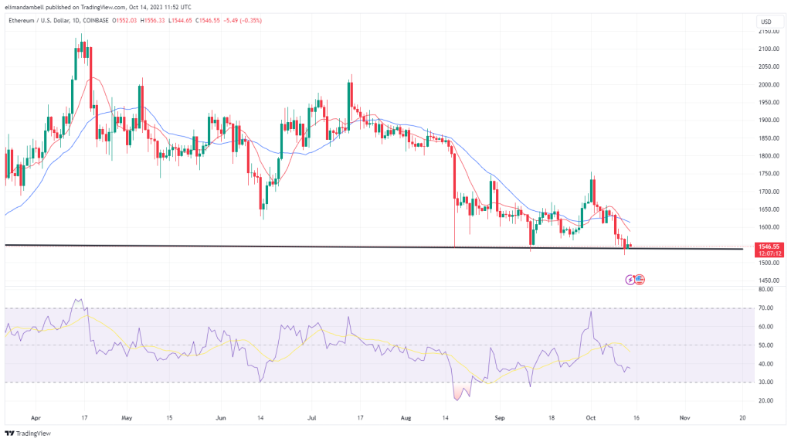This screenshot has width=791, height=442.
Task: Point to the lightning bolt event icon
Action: point(630,280)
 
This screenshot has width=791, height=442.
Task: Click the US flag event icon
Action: point(640,280)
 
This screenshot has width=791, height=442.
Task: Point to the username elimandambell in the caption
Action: point(27,6)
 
